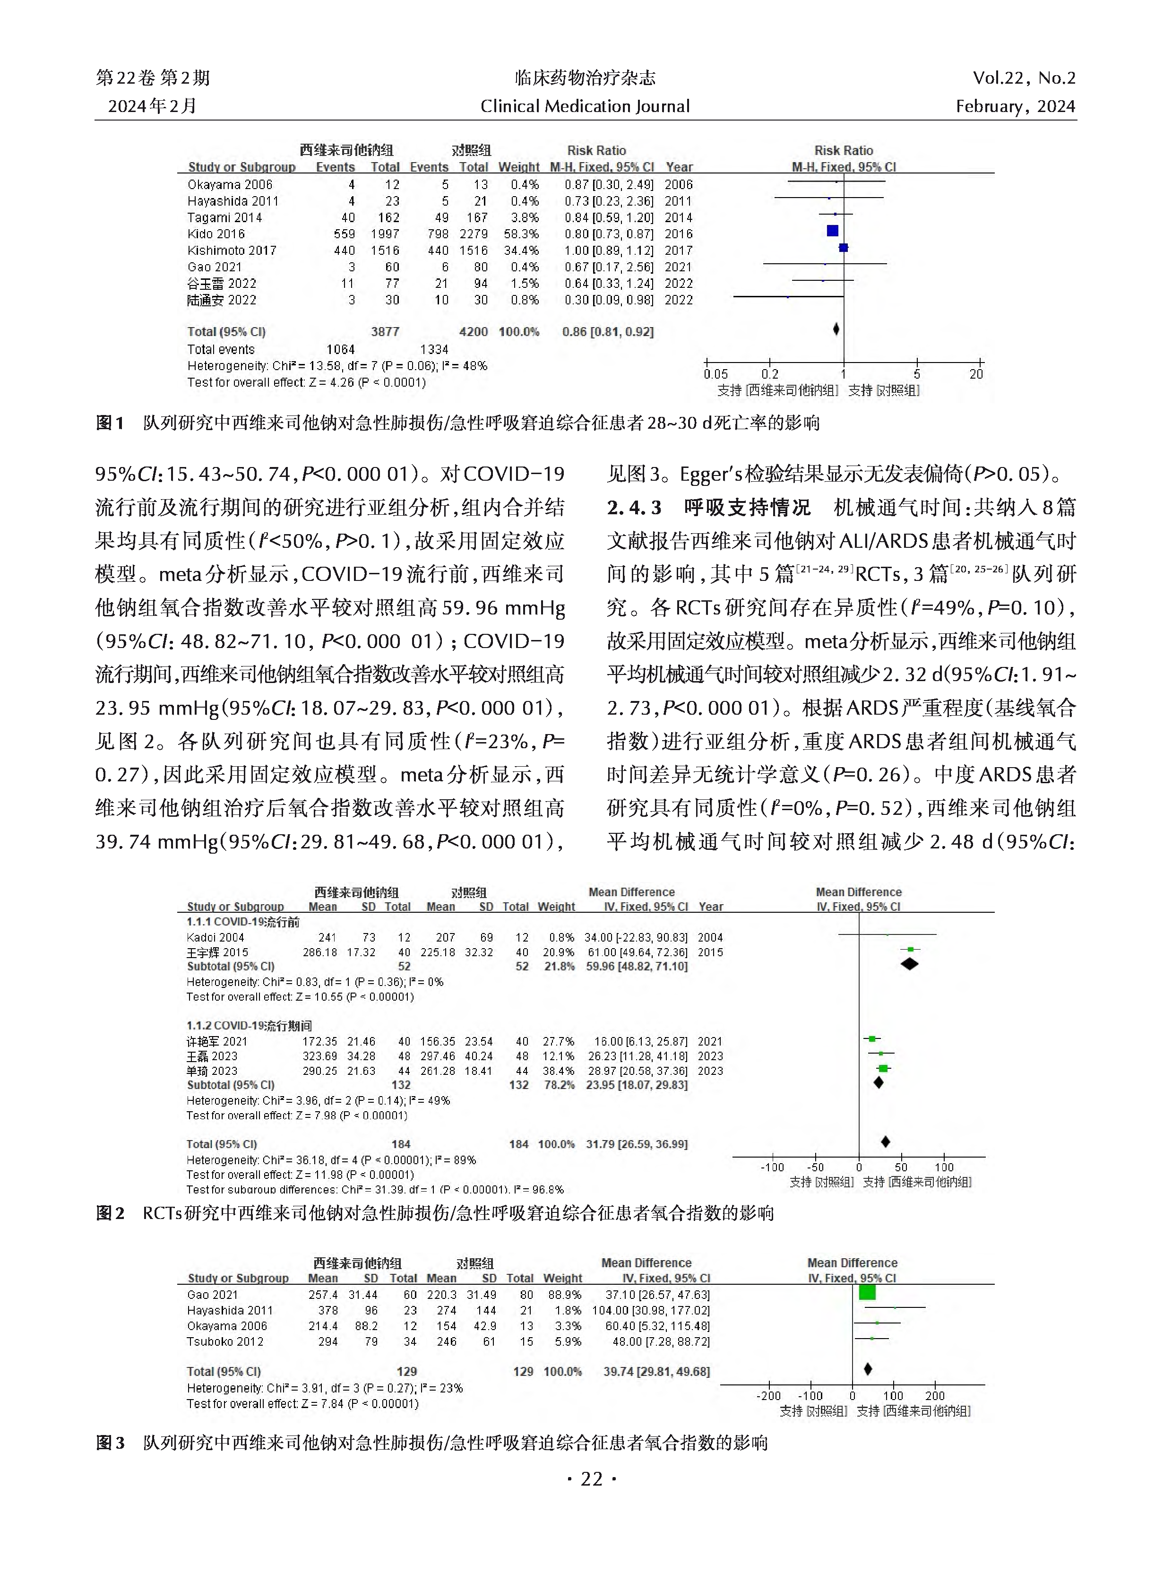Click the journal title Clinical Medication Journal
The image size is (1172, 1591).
tap(585, 106)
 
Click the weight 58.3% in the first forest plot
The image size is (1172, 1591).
tap(524, 234)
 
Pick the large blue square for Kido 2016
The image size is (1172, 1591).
tap(833, 231)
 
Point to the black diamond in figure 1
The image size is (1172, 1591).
tap(836, 329)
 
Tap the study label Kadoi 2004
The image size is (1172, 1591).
tap(215, 937)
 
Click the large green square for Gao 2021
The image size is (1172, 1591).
tap(867, 1292)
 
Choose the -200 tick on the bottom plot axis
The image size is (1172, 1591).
tap(768, 1396)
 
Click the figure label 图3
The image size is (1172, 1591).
tap(110, 1443)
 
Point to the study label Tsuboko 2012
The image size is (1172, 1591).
tap(225, 1341)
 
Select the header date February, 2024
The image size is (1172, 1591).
tap(1015, 106)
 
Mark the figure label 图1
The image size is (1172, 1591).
tap(110, 424)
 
